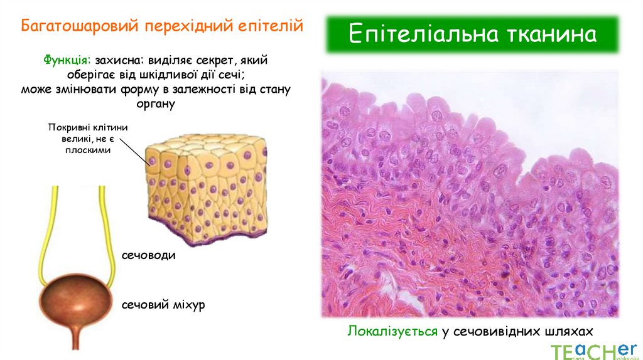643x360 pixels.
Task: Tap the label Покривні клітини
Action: tap(87, 127)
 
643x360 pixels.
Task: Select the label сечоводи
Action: tap(149, 256)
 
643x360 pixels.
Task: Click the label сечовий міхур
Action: tap(163, 305)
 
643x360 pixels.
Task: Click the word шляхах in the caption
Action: tap(570, 331)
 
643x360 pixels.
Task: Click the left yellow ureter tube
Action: tap(54, 232)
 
